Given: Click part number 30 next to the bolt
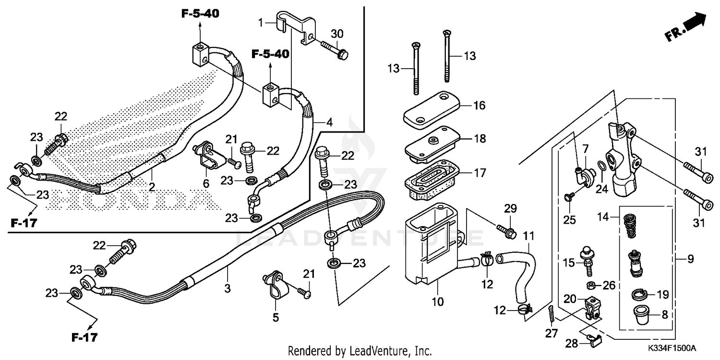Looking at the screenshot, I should point(337,34).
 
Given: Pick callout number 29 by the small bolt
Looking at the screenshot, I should point(510,208).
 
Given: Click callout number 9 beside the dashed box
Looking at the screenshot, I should point(690,260).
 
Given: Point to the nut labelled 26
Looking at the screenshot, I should point(591,286).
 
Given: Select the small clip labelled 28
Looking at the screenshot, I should point(595,341).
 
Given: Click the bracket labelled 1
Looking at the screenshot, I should point(295,26).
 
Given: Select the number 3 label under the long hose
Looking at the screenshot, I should point(228,288).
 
